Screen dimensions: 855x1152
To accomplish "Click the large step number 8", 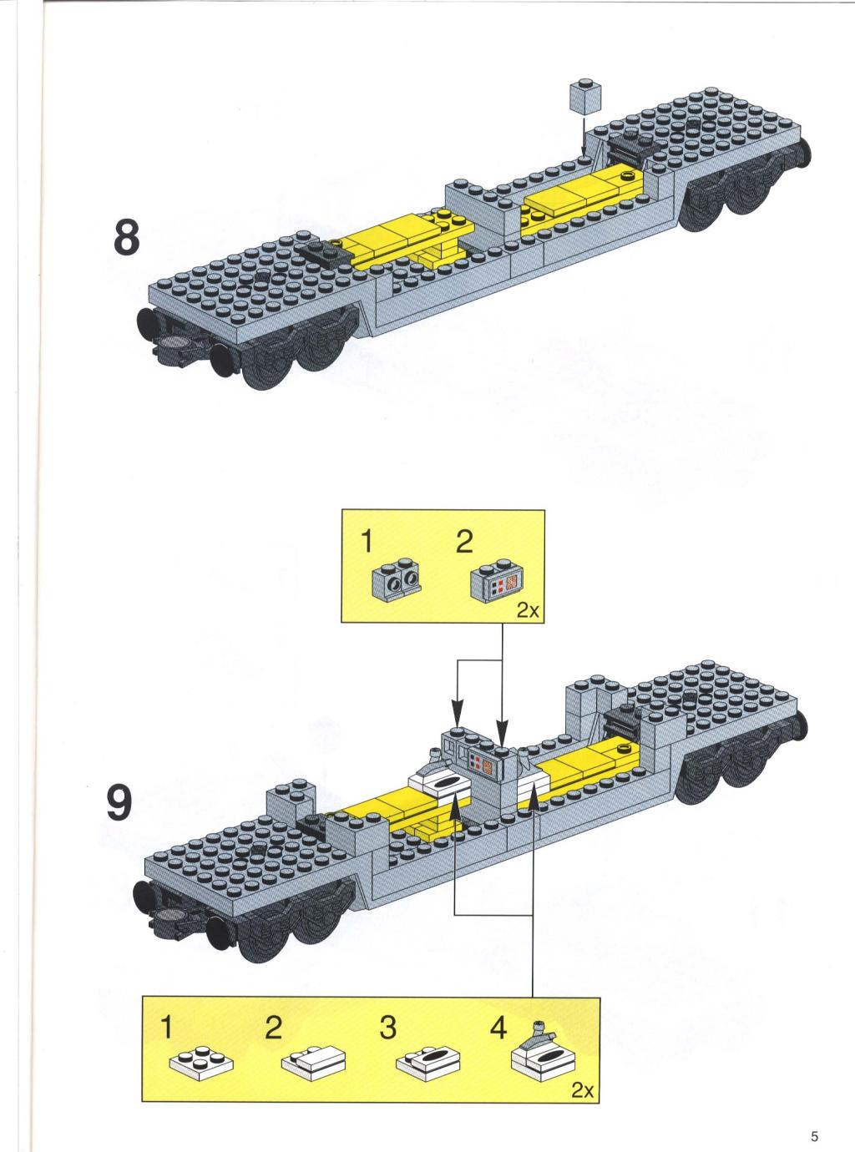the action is click(x=127, y=237).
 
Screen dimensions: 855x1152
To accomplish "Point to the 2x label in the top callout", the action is click(x=528, y=610).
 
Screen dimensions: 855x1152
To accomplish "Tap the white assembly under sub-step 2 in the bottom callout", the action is click(x=313, y=1059).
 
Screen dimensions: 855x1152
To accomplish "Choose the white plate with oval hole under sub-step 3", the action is click(x=428, y=1059).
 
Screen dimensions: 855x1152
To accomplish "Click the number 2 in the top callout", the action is click(x=464, y=543).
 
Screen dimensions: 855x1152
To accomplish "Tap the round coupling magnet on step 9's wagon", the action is click(x=169, y=916).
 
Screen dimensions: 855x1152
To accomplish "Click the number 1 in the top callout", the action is click(x=367, y=543).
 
